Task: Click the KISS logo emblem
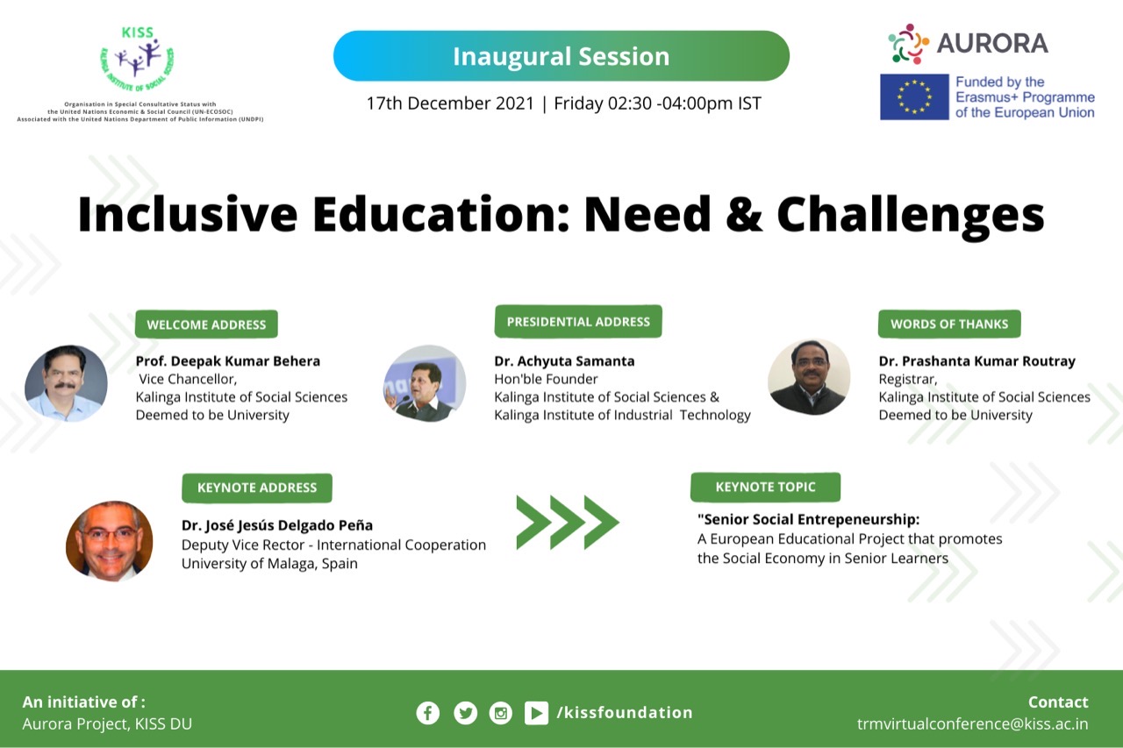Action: [137, 59]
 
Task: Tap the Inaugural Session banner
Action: [561, 55]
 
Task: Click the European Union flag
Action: [914, 96]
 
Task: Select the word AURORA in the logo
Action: [992, 43]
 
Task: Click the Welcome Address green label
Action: [206, 324]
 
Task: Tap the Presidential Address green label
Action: [578, 321]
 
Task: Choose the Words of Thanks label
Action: [949, 324]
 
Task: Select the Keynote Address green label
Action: [257, 488]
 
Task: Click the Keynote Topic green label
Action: [765, 487]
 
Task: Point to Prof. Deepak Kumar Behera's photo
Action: [66, 383]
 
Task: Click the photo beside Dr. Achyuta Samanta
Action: [425, 383]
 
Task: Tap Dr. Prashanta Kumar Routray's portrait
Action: [809, 377]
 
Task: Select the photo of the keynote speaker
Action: [110, 541]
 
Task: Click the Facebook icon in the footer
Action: [427, 712]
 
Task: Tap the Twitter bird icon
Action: [465, 712]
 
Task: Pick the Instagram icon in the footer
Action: [500, 712]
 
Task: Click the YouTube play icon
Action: [536, 712]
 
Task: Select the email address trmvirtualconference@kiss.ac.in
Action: [973, 724]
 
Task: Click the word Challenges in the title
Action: [911, 215]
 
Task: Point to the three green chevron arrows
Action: [568, 523]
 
